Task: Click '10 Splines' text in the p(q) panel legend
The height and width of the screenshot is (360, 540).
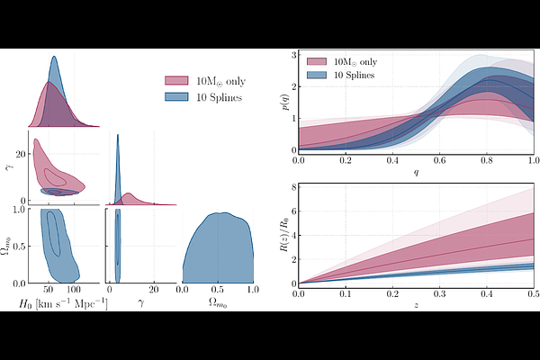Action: coord(357,75)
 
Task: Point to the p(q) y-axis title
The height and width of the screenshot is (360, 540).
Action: coord(284,103)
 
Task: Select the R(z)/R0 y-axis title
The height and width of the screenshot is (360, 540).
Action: coord(284,236)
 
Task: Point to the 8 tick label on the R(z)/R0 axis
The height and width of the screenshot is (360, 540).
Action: coord(292,187)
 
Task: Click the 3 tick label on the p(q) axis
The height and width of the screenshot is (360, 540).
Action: coord(292,55)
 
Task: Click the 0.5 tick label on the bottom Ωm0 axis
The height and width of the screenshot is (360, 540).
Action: coord(217,292)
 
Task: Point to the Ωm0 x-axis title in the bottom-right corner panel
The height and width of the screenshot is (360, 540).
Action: coord(218,306)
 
